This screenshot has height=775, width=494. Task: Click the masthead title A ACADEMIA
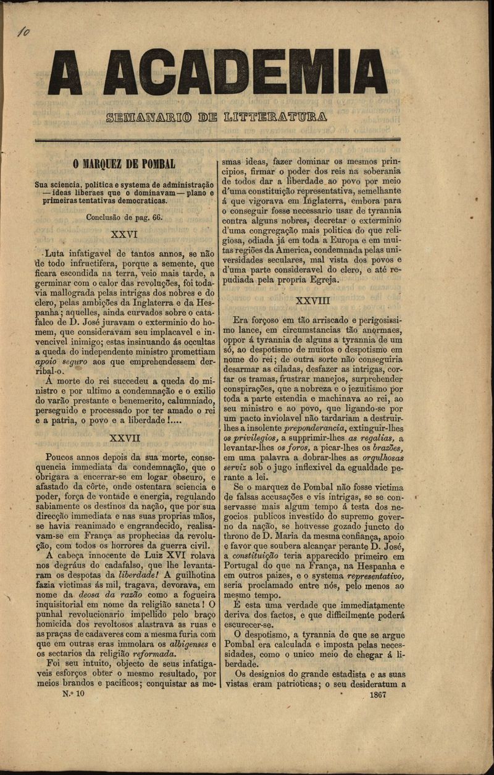[x=217, y=73]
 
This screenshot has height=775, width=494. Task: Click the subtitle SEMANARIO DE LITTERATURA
[x=217, y=117]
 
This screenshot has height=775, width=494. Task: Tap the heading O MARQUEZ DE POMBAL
[x=124, y=164]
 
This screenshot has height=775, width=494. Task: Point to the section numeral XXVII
[x=124, y=438]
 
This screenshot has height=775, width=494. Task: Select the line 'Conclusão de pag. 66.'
[x=124, y=217]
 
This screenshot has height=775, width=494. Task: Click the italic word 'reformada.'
[x=154, y=654]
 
